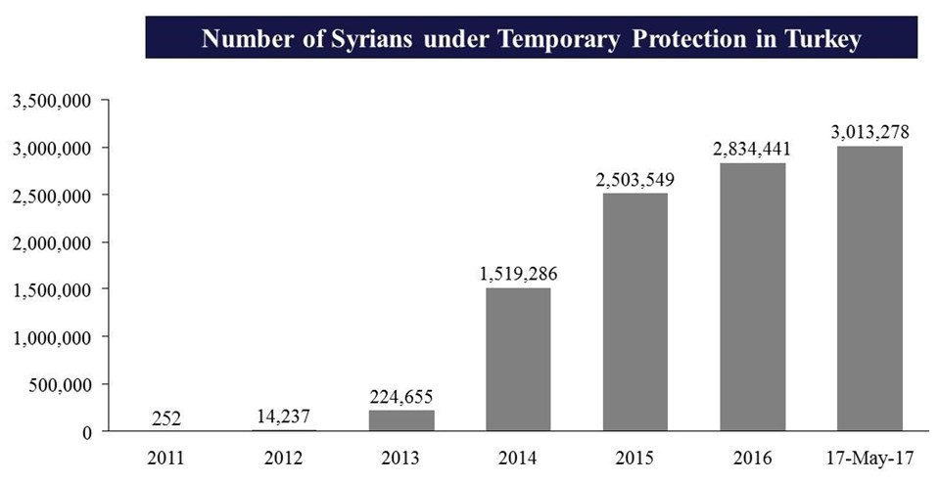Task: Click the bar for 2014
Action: coord(518,359)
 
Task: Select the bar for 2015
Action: coord(634,312)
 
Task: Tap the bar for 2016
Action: coord(752,296)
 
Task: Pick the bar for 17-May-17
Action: coord(869,288)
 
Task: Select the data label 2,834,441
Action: coord(752,150)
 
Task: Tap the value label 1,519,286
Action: coord(518,274)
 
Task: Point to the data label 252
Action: coord(167,417)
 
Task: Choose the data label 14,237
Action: coord(284,416)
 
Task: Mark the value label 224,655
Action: coord(401,397)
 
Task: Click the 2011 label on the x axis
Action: coord(167,458)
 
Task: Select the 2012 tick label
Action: coord(284,458)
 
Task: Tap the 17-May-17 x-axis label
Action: coord(869,458)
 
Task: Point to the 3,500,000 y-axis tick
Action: coord(51,101)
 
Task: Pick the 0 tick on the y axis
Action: coord(86,432)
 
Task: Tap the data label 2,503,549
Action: coord(634,180)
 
